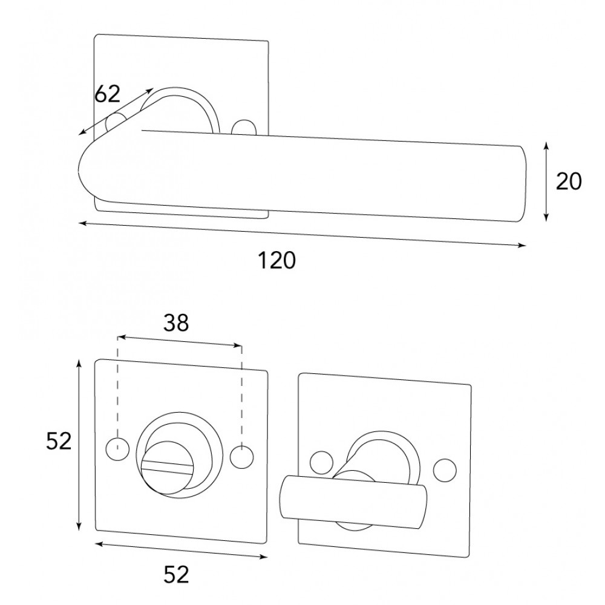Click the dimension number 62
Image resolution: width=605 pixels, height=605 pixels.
point(107,94)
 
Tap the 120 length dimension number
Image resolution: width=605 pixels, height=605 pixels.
point(276,260)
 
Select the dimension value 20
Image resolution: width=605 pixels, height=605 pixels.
point(568,181)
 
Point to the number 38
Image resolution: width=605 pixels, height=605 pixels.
point(176,323)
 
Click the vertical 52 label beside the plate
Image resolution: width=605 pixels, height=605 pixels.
point(59,441)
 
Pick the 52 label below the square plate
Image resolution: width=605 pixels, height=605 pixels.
point(176,574)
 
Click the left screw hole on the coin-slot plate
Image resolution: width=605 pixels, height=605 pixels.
point(117,449)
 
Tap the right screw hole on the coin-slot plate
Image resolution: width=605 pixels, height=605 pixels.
point(242,457)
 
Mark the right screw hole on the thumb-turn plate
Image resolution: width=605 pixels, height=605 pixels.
point(445,471)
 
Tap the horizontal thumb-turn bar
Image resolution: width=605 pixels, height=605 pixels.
point(353,502)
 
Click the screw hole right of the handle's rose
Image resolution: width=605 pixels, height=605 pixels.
point(243,127)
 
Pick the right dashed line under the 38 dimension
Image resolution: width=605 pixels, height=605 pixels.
point(242,397)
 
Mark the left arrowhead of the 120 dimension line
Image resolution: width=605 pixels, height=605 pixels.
point(82,223)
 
